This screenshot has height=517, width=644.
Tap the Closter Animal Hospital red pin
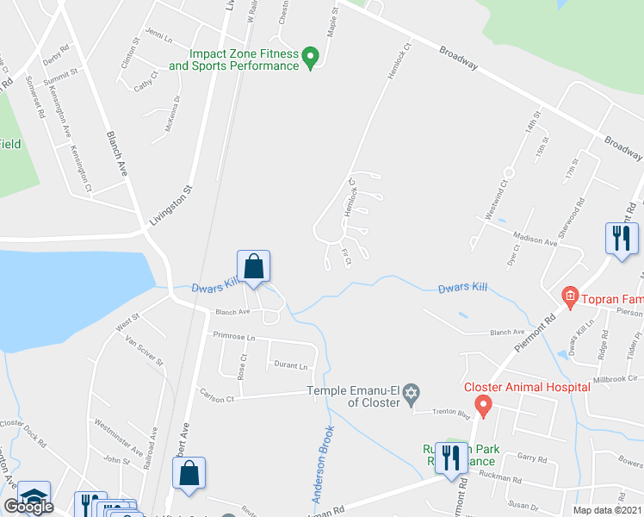point(483,403)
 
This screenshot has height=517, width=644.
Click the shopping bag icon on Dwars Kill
point(254,266)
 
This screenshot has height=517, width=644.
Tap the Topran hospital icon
point(568,298)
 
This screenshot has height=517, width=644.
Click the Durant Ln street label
point(290,366)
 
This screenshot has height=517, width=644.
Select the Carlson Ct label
point(219,399)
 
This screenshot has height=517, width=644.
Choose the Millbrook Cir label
point(618,377)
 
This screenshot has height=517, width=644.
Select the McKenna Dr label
point(172,115)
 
